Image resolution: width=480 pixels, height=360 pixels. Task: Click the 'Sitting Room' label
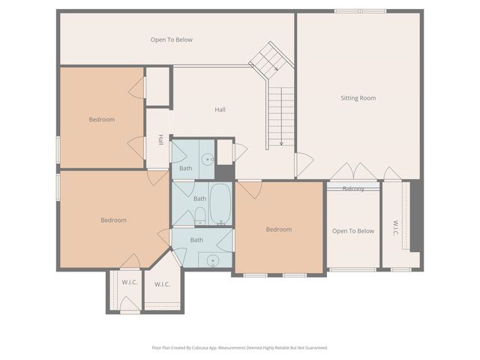pos(358,98)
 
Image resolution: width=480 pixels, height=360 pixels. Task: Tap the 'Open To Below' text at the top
pos(172,40)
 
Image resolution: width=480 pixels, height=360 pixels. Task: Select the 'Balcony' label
pos(353,188)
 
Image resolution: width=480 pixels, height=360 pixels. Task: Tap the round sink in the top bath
pos(208,159)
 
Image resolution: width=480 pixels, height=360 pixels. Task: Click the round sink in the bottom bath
pos(211,261)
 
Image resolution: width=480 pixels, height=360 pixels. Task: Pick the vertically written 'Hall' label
pos(160,139)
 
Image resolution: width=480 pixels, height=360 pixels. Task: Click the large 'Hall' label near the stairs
pos(220,109)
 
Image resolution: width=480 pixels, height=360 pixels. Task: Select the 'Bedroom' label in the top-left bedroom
pos(102,119)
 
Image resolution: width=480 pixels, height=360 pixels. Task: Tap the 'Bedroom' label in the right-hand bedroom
pos(279,229)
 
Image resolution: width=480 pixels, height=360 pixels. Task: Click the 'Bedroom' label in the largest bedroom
pos(114,220)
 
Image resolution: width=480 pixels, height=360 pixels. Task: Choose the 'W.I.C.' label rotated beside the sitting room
pos(395,228)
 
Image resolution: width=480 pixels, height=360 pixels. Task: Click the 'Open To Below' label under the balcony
pos(353,231)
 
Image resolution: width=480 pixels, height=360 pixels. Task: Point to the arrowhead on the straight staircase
pos(280,144)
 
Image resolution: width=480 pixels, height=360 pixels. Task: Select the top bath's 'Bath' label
pos(185,168)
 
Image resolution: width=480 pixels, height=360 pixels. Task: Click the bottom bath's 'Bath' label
pos(196,240)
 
